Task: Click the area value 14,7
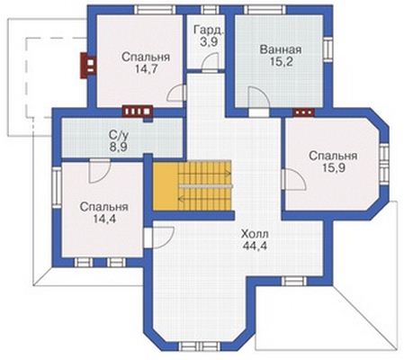[146, 69]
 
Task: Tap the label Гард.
[209, 30]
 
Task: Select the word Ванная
[281, 49]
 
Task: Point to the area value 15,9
[334, 168]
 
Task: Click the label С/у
[119, 136]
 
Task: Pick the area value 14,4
[104, 220]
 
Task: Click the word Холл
[255, 233]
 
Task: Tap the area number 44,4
[255, 246]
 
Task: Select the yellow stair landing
[166, 186]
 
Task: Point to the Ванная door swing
[259, 97]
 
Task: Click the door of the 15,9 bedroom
[294, 179]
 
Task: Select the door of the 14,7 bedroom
[176, 94]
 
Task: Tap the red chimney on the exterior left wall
[88, 66]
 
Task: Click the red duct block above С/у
[138, 111]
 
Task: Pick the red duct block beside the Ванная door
[304, 112]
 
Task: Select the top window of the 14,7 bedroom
[155, 10]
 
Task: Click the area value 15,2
[281, 62]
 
